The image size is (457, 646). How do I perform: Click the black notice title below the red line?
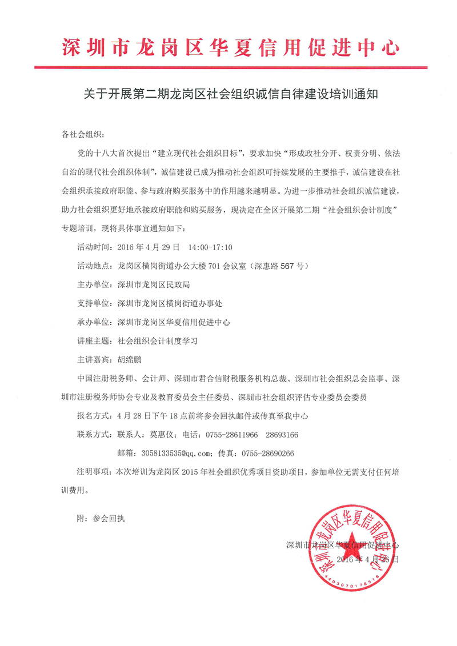228,95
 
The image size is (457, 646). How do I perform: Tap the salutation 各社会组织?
82,135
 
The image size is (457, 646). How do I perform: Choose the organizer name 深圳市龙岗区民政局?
153,284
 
